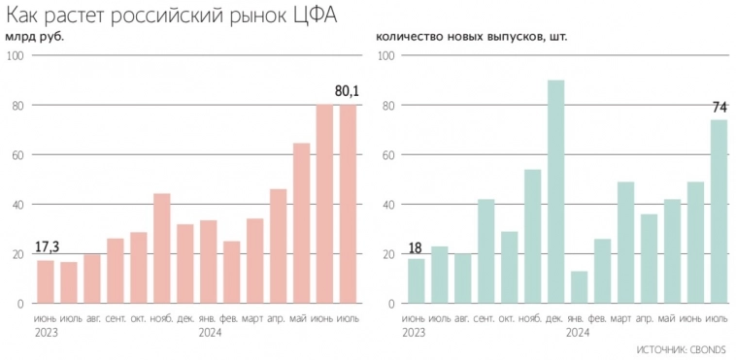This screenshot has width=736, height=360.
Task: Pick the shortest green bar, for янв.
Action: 580,287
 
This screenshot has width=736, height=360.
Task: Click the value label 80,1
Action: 347,91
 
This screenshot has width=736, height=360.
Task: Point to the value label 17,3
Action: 46,247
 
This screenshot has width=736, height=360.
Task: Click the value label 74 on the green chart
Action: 719,107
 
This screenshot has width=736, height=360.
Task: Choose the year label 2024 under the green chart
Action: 579,332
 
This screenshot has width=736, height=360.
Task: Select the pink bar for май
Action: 301,223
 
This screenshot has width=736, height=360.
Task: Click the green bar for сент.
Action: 486,251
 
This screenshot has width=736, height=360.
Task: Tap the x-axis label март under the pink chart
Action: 254,318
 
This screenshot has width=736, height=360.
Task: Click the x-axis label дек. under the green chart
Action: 556,318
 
